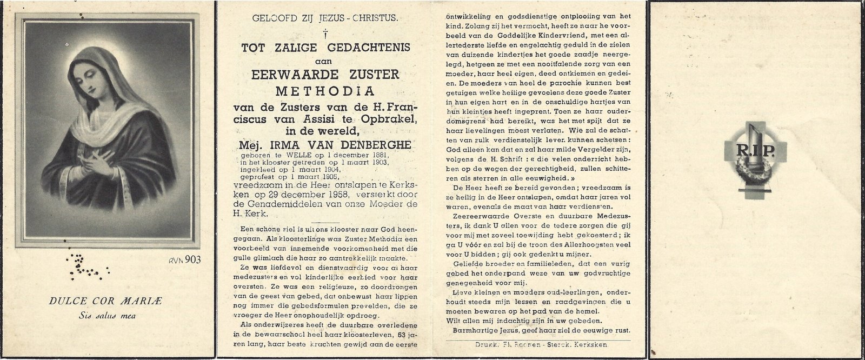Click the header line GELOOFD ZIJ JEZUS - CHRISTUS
(325, 19)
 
